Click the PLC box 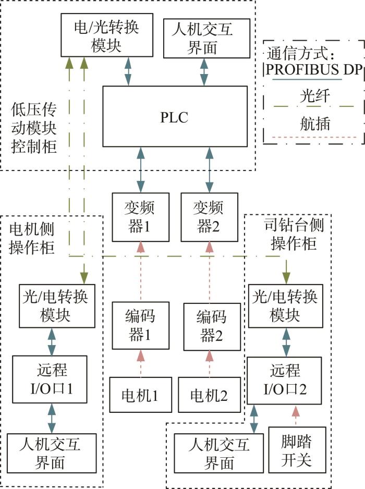[x=175, y=116]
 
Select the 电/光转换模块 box [x=107, y=35]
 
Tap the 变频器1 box [x=140, y=217]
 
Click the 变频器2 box [x=209, y=217]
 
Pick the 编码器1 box [x=140, y=326]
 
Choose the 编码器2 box [x=212, y=327]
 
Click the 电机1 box [x=140, y=395]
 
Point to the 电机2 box [x=209, y=395]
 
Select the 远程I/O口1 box [x=50, y=379]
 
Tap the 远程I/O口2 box [x=284, y=381]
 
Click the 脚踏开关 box [x=297, y=450]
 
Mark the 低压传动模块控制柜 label [x=34, y=128]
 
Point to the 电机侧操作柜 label [x=31, y=239]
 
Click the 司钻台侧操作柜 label [x=294, y=234]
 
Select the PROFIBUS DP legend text [x=314, y=69]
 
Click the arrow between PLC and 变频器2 [x=209, y=170]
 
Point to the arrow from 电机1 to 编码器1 [x=141, y=363]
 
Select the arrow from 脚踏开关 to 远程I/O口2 [x=296, y=415]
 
